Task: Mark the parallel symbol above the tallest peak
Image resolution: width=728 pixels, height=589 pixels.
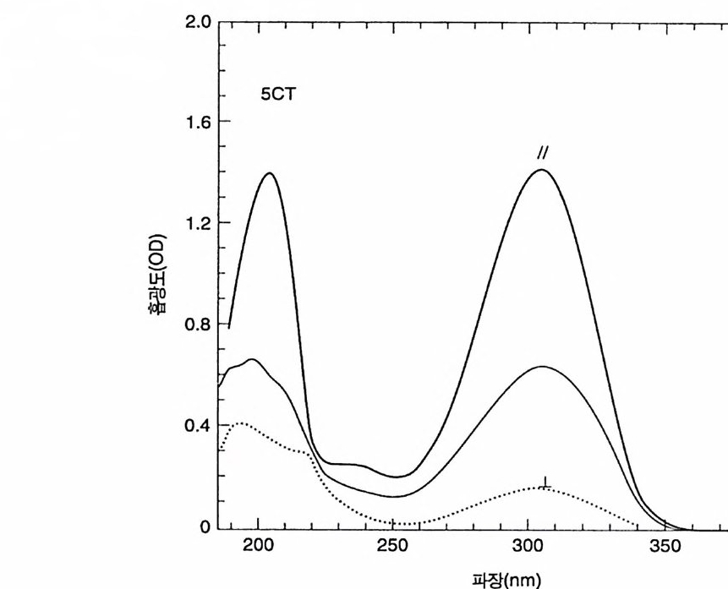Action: [x=542, y=153]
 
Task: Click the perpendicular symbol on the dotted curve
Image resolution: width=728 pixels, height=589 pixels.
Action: [x=545, y=483]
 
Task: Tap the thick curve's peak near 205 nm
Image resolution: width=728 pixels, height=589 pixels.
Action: [x=270, y=173]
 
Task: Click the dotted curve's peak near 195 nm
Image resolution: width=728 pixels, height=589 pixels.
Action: [x=241, y=422]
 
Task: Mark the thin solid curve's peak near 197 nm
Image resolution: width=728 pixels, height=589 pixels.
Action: [x=251, y=359]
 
